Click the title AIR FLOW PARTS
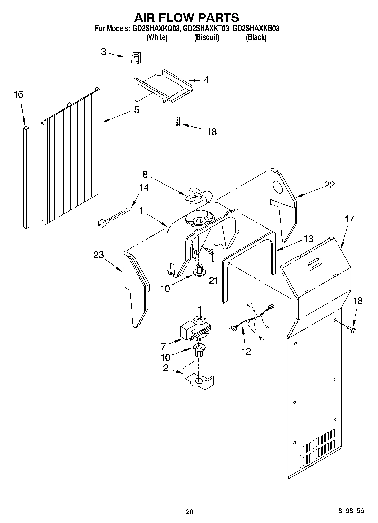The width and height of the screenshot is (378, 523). click(x=186, y=18)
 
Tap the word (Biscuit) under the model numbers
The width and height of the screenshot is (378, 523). click(x=206, y=37)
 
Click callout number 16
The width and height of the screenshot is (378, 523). click(x=18, y=94)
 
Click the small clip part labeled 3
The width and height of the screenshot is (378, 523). click(x=137, y=57)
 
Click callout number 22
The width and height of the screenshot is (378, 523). click(x=329, y=185)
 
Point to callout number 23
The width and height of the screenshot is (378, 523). click(x=99, y=255)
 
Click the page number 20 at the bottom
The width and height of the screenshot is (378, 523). click(x=190, y=511)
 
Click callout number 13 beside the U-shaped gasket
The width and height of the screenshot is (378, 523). click(x=308, y=239)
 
